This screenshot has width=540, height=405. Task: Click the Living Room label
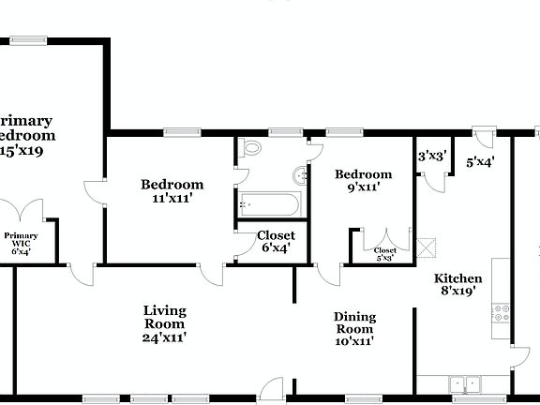pyautogui.click(x=164, y=323)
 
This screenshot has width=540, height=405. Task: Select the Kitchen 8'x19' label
pyautogui.click(x=458, y=284)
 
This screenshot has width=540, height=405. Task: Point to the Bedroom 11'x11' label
pyautogui.click(x=172, y=190)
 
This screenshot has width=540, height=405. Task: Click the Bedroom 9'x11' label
pyautogui.click(x=363, y=180)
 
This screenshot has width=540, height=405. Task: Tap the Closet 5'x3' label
pyautogui.click(x=385, y=253)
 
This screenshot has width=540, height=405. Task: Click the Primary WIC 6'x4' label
pyautogui.click(x=21, y=244)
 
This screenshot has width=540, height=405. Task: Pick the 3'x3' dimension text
pyautogui.click(x=432, y=156)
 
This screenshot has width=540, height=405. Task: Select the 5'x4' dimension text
pyautogui.click(x=481, y=161)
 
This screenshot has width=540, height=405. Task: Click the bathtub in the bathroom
pyautogui.click(x=268, y=203)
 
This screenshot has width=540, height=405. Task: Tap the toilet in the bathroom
pyautogui.click(x=250, y=148)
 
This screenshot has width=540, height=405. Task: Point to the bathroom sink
pyautogui.click(x=300, y=174)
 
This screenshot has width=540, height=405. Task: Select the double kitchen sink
pyautogui.click(x=463, y=382)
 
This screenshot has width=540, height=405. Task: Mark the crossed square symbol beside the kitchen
pyautogui.click(x=427, y=247)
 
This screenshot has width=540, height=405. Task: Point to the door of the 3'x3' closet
pyautogui.click(x=433, y=180)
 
